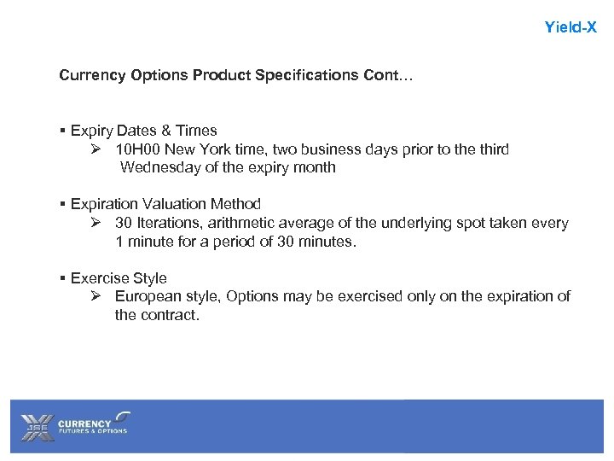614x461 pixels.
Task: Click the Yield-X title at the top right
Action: pos(571,27)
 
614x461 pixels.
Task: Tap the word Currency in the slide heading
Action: pos(93,75)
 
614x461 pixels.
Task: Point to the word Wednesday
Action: pos(159,167)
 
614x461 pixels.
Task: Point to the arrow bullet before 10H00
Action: pos(96,149)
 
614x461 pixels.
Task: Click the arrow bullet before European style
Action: pos(96,296)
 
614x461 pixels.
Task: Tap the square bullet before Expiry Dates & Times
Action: pos(63,131)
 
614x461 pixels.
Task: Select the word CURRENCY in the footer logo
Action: pos(84,423)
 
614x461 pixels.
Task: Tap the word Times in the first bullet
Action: pos(198,131)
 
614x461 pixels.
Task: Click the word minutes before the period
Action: pos(327,242)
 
